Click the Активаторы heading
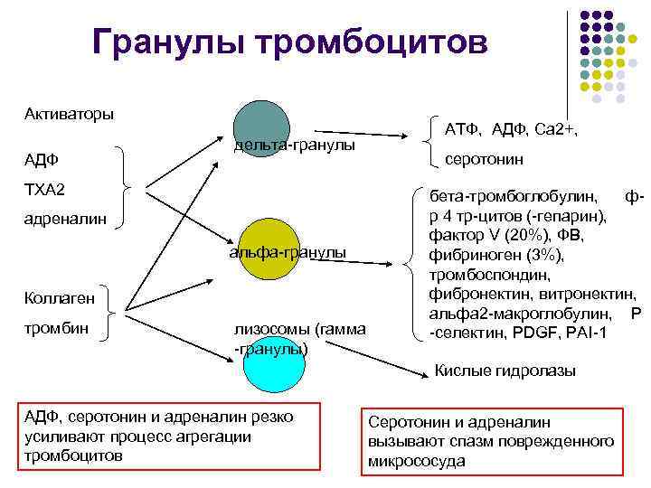click(69, 115)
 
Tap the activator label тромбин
click(56, 327)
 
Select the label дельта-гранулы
click(294, 145)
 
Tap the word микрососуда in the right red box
click(417, 461)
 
